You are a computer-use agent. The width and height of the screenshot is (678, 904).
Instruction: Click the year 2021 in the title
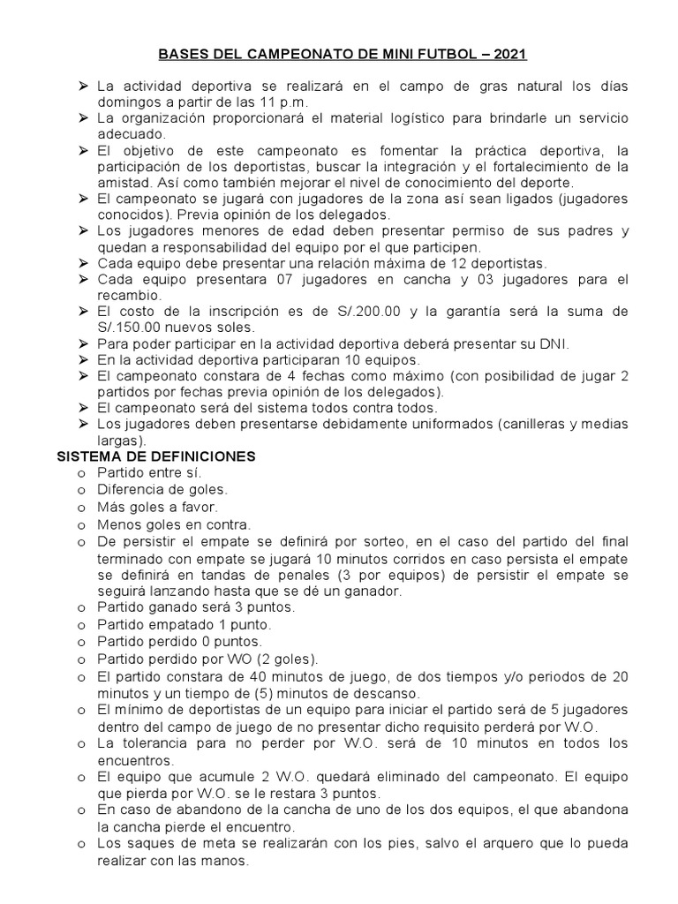pos(510,55)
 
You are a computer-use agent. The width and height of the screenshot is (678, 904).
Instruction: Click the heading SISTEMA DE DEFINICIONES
pos(156,456)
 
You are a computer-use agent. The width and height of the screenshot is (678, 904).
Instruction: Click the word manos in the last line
pos(228,859)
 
